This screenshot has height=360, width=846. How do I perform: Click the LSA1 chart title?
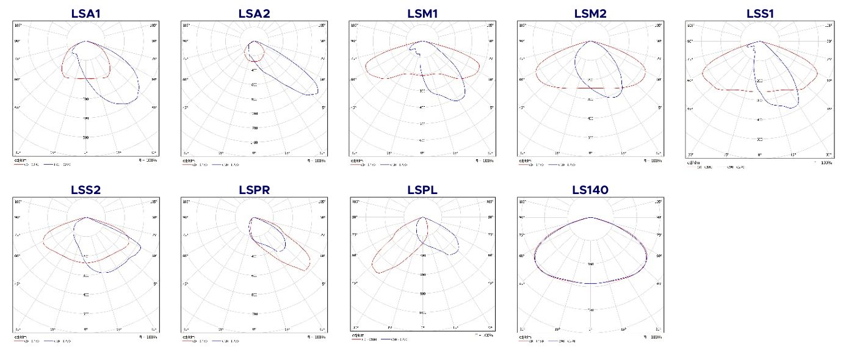[86, 13]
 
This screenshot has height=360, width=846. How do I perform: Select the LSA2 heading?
[255, 13]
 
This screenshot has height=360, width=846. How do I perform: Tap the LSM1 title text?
[422, 13]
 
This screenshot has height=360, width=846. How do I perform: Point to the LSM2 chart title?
[590, 13]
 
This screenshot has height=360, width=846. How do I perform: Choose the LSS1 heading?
[759, 13]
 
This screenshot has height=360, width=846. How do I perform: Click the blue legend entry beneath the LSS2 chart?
[61, 340]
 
